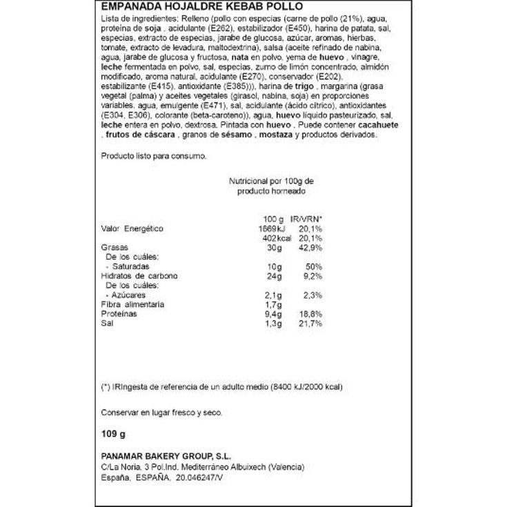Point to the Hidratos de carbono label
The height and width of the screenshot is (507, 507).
139,276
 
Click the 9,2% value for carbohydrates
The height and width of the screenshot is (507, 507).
310,276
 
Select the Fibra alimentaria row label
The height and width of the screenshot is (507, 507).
132,304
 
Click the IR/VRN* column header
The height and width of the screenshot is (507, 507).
306,219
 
